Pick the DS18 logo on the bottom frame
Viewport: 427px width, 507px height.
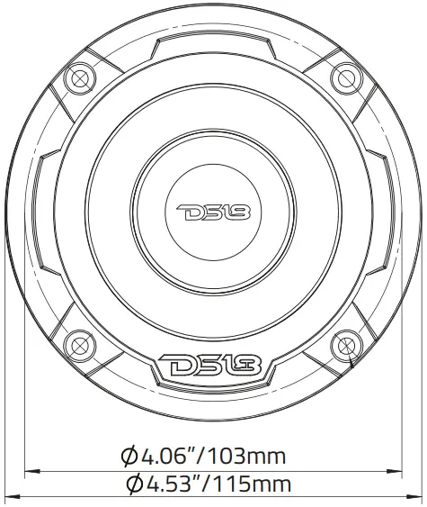click(212, 367)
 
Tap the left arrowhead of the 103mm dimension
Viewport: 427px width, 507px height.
click(29, 469)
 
